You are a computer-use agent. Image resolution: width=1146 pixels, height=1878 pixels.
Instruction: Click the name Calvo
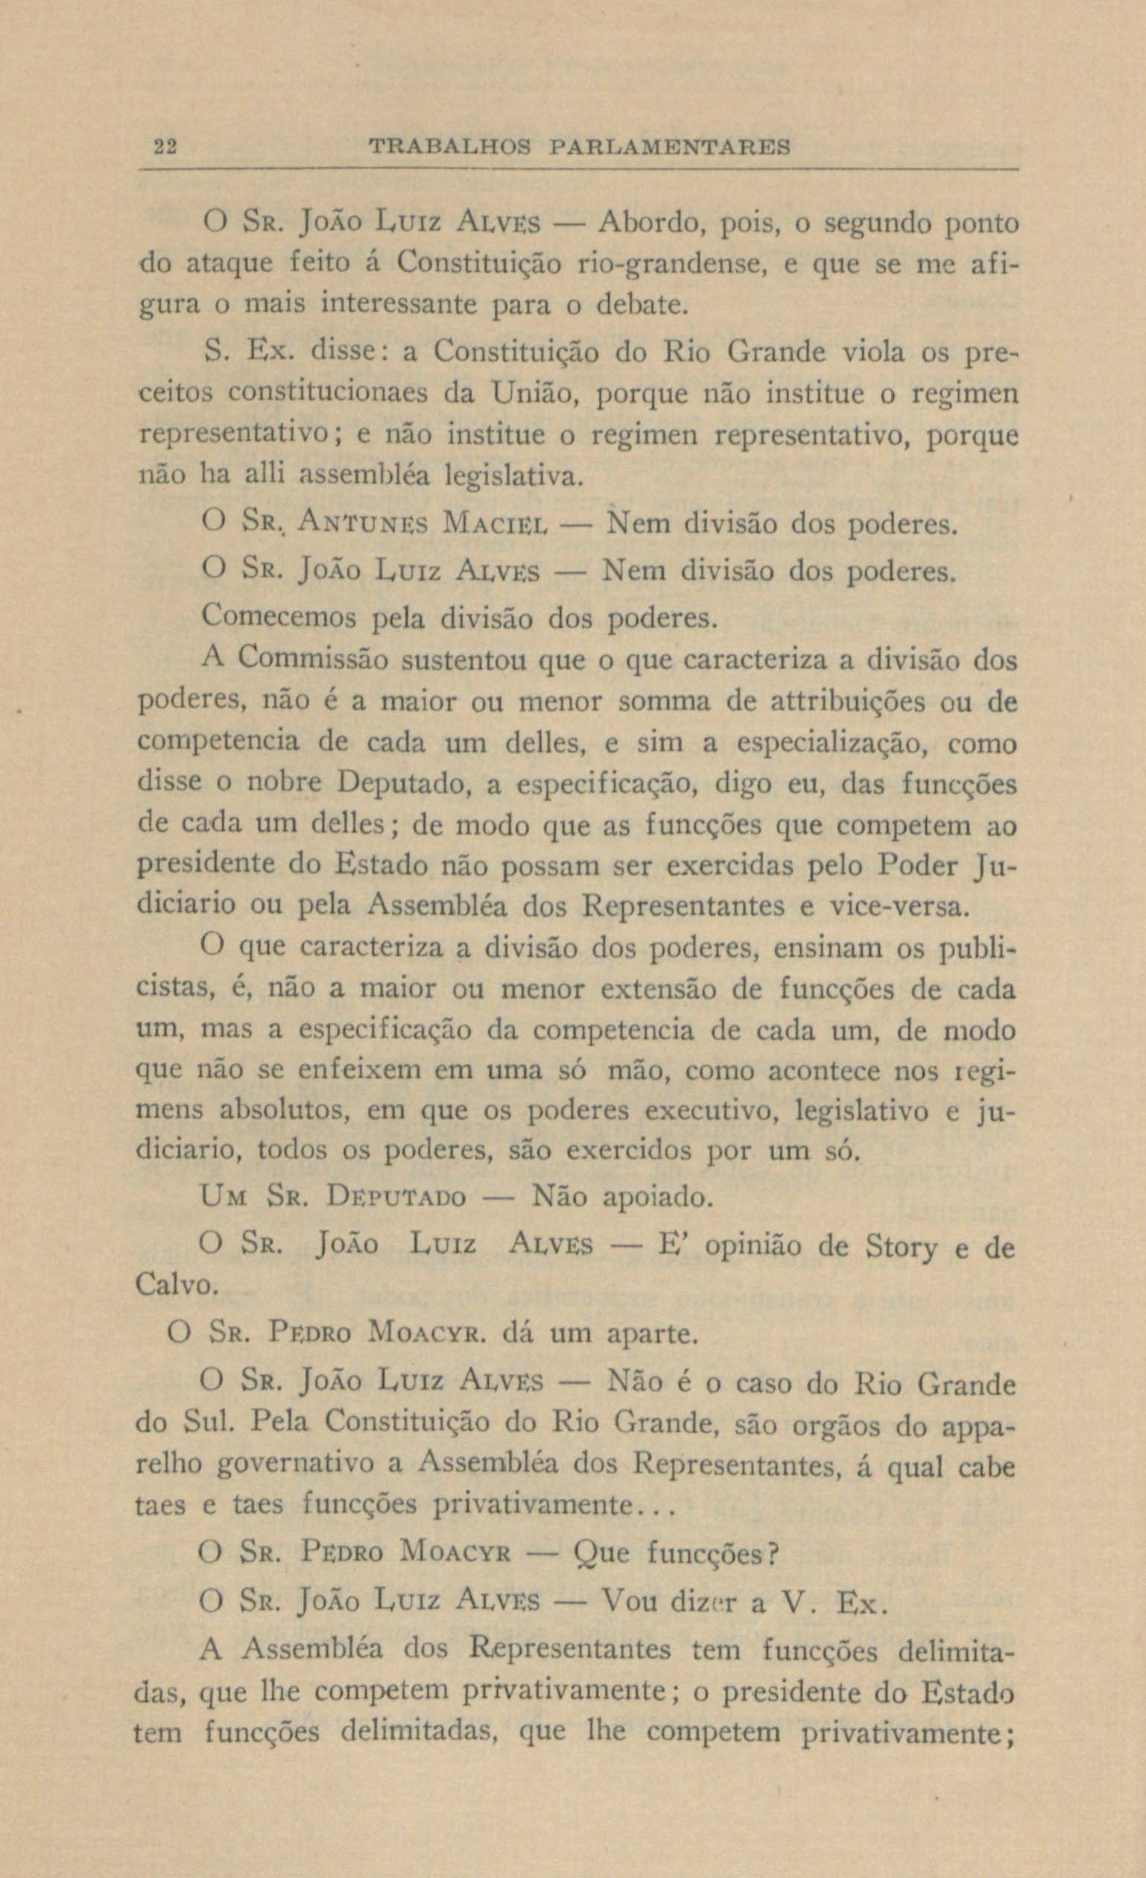[x=177, y=1286]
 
